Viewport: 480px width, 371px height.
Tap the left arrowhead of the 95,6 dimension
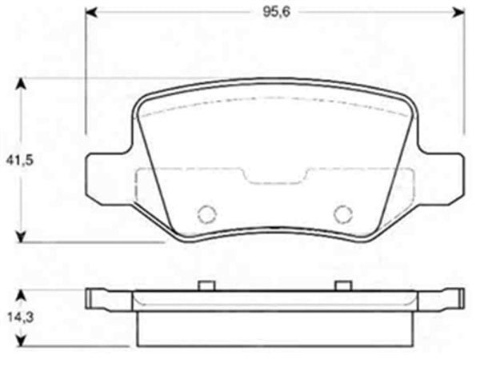(x=90, y=13)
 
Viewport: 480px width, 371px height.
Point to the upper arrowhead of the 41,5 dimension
(x=22, y=82)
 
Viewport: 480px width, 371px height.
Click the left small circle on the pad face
(x=207, y=213)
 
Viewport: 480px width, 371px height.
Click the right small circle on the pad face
(x=342, y=213)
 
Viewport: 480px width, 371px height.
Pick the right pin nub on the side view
(x=342, y=284)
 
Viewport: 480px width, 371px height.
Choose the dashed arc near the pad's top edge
(x=274, y=102)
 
